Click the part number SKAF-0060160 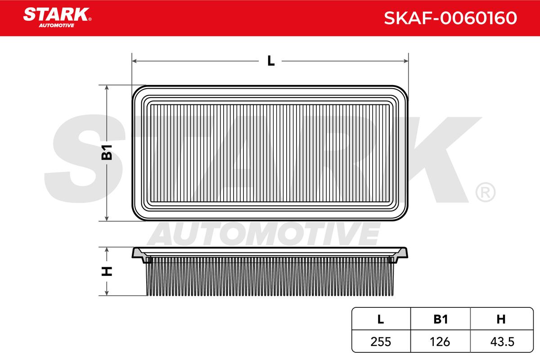pos(450,18)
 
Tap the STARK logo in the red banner pos(57,18)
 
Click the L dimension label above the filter pos(271,61)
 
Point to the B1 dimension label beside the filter pos(107,153)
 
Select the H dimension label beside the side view pos(107,271)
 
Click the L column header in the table pos(380,319)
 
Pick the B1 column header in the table pos(441,319)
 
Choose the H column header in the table pos(501,319)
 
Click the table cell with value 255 pos(381,342)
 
